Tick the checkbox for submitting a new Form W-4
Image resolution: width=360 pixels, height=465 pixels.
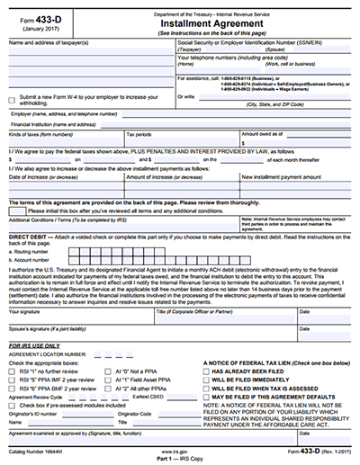[12, 100]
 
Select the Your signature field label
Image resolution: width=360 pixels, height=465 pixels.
[28, 313]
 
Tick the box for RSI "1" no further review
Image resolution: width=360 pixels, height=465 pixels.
[13, 370]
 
